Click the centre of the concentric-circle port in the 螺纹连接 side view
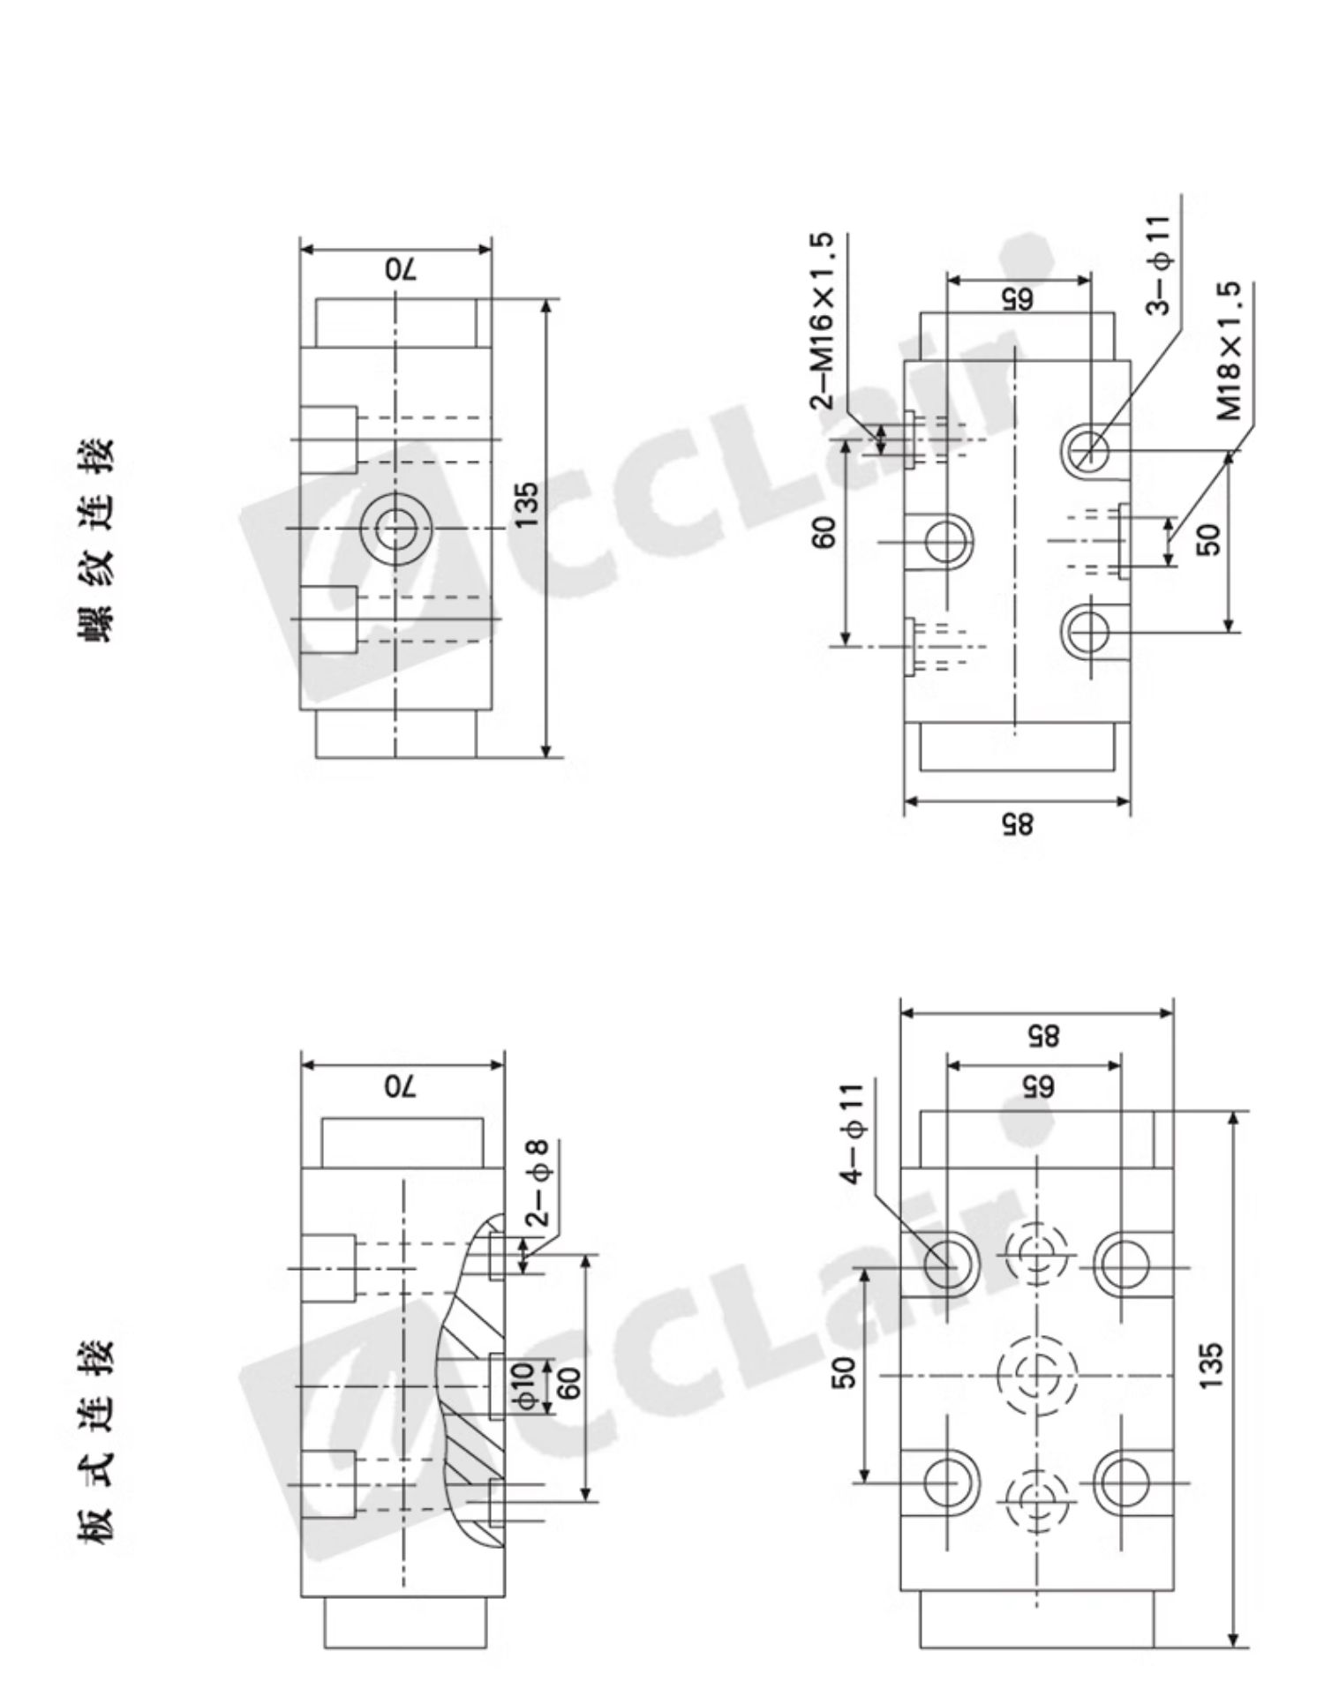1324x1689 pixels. tap(396, 529)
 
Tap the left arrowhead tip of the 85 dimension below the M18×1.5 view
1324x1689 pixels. tap(905, 801)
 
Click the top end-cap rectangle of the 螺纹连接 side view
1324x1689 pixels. tap(396, 323)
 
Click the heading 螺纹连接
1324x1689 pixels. tap(97, 540)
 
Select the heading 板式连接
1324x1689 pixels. tap(97, 1443)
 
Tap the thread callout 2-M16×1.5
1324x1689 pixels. tap(821, 320)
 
